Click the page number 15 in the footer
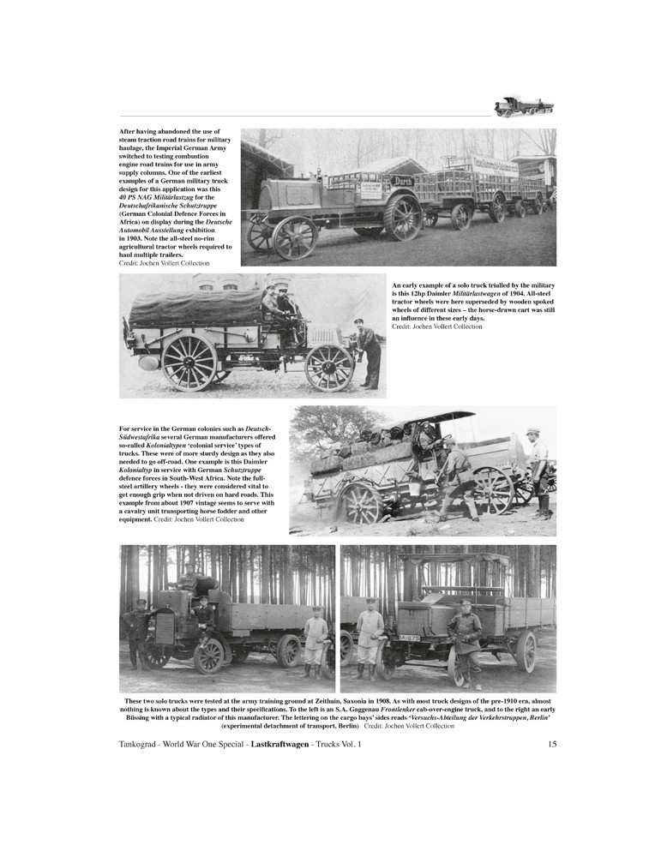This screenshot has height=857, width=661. pyautogui.click(x=551, y=745)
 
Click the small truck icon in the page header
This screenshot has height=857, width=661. pyautogui.click(x=524, y=105)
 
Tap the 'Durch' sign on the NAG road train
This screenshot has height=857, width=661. pyautogui.click(x=402, y=181)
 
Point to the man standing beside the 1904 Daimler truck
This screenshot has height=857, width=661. pyautogui.click(x=369, y=352)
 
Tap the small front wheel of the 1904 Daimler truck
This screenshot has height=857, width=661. pyautogui.click(x=329, y=367)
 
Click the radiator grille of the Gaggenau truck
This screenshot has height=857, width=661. pyautogui.click(x=164, y=627)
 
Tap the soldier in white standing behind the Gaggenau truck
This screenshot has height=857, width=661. pyautogui.click(x=315, y=640)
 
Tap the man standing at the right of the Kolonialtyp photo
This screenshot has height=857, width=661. pyautogui.click(x=538, y=471)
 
